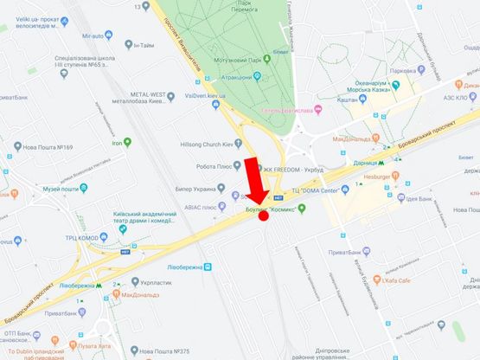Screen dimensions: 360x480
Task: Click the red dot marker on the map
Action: pyautogui.click(x=263, y=215)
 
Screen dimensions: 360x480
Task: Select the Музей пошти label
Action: pyautogui.click(x=61, y=189)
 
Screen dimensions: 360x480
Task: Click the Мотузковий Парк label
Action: pyautogui.click(x=240, y=61)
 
